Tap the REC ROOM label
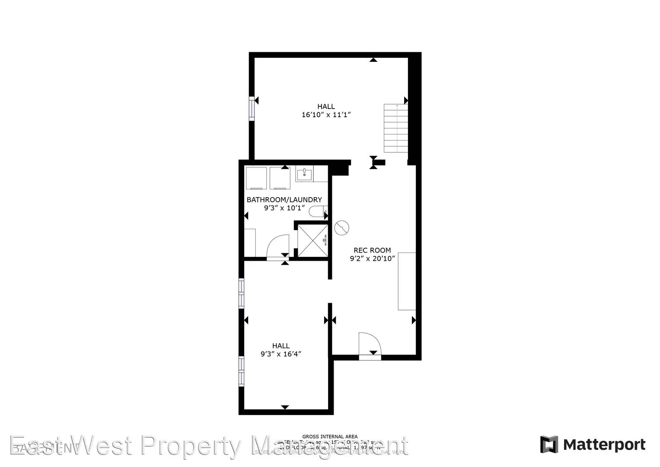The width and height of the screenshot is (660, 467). coord(372,250)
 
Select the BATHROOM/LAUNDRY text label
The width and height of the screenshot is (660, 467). coord(284,200)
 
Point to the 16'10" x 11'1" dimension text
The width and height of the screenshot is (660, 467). coord(326,115)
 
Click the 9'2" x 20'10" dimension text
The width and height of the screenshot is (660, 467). coord(372,259)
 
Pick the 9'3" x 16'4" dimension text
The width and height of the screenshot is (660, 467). coord(281,354)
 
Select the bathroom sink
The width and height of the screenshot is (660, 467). coord(305,174)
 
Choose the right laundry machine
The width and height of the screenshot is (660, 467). coord(280,178)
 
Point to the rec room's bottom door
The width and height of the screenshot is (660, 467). coord(370,345)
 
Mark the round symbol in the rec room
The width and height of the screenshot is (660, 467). coord(342,227)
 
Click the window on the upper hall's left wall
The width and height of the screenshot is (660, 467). coord(251,107)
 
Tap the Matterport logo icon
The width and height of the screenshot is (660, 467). coord(549,445)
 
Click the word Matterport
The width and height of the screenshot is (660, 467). coord(604,445)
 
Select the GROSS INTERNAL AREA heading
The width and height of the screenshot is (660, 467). coord(330,437)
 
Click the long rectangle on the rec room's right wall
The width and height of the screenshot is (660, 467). coord(407,281)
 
